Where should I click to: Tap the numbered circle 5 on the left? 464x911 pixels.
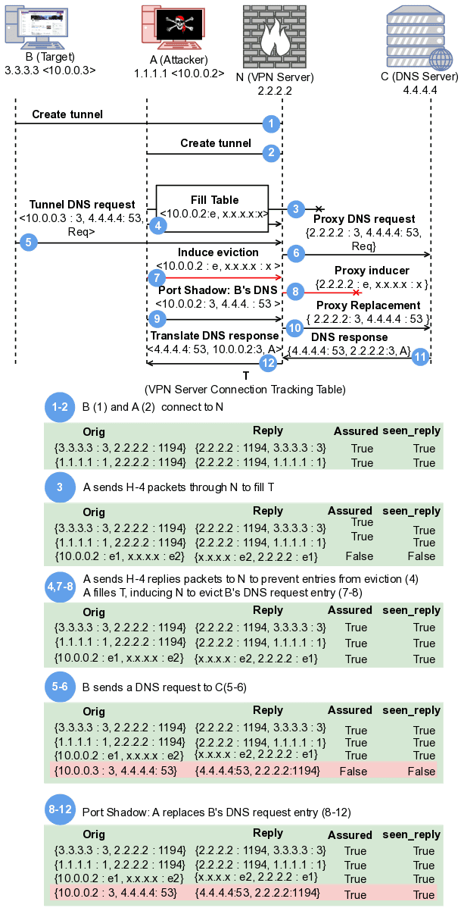point(28,243)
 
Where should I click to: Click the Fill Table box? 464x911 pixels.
point(213,206)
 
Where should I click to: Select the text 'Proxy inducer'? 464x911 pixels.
point(372,271)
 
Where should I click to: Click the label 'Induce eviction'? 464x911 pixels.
point(218,252)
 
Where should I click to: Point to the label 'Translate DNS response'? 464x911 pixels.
point(214,336)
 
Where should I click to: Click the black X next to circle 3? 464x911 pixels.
point(320,208)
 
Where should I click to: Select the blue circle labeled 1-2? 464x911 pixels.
point(60,407)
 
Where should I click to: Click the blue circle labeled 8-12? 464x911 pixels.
point(60,810)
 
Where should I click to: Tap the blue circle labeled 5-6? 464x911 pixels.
point(60,687)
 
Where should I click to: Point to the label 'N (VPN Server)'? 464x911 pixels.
point(274,77)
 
